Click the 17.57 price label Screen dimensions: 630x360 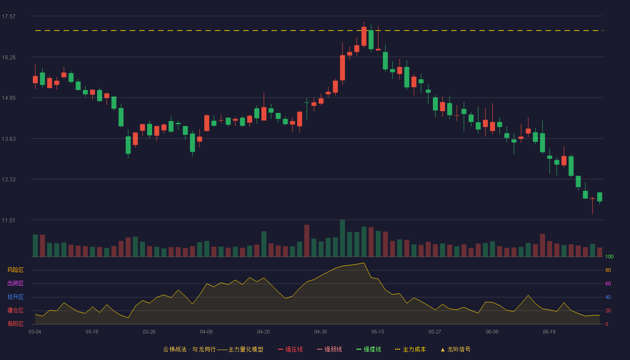pos(9,17)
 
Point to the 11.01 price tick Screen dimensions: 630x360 pos(9,220)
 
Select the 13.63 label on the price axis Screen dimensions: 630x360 pos(9,139)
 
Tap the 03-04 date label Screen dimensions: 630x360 pos(35,332)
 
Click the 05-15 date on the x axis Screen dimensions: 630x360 pos(378,332)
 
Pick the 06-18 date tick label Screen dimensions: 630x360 pos(549,332)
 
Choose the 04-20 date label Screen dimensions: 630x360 pos(264,332)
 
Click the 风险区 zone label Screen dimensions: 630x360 pos(15,270)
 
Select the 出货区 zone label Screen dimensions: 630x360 pos(15,283)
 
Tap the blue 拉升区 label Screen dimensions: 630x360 pos(15,297)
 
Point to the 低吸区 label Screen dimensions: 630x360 pos(15,324)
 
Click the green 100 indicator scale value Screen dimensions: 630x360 pos(609,256)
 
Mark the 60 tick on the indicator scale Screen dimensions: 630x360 pos(608,283)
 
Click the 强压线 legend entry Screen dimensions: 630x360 pos(290,349)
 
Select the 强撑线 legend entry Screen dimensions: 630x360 pos(369,349)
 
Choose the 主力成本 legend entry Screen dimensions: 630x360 pos(410,349)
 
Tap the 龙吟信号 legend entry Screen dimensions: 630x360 pos(455,349)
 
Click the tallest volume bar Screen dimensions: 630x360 pos(342,238)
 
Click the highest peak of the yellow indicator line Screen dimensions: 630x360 pos(364,263)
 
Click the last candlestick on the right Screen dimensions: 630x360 pos(599,197)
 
